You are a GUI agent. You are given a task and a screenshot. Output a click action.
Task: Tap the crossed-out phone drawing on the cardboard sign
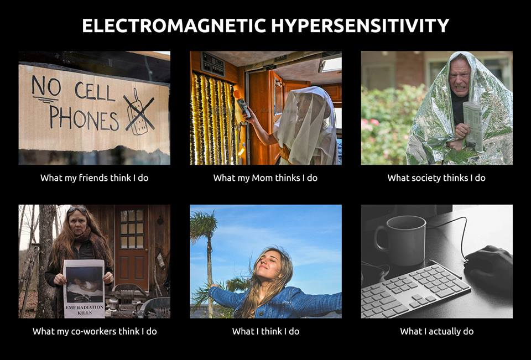[x=139, y=111]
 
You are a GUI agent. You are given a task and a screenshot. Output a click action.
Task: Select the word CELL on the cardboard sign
[x=95, y=91]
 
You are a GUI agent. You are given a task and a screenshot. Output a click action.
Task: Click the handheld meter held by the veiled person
[x=244, y=108]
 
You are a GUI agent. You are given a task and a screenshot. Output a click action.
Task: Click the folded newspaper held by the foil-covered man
[x=473, y=126]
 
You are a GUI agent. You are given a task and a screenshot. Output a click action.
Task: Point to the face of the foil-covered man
[x=460, y=76]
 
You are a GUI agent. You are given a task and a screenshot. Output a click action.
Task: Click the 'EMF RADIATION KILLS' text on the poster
[x=84, y=310]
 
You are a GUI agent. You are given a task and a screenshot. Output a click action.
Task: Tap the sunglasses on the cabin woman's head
[x=77, y=209]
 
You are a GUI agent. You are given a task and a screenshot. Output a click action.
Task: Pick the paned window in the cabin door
[x=132, y=229]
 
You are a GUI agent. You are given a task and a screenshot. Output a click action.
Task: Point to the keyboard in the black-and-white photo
[x=416, y=290]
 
